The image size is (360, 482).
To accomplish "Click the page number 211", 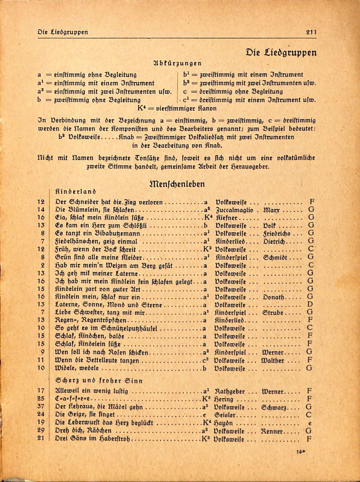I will tap(310, 32).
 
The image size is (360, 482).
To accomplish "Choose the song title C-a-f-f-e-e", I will tap(74, 399).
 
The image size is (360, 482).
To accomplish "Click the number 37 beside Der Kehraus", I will tap(40, 407).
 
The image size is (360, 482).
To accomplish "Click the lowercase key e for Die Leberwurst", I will tap(310, 423).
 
